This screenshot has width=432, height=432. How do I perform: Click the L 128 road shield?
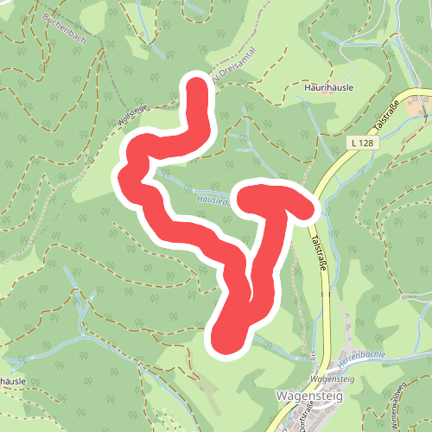pos(363,141)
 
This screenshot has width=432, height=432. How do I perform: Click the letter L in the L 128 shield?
pos(355,141)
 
